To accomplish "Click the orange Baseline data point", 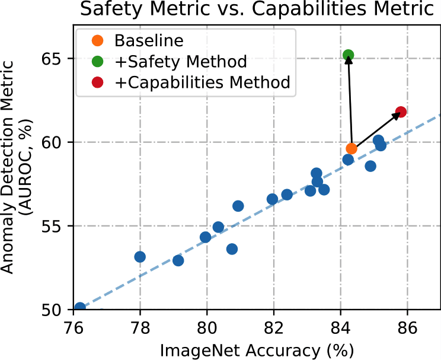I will tap(351, 148).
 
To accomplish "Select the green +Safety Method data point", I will tap(349, 55).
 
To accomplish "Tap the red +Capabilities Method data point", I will tap(401, 111).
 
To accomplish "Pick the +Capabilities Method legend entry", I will tap(202, 82).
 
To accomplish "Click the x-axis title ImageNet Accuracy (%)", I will tap(257, 350).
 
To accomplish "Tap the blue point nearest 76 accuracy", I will tap(80, 308).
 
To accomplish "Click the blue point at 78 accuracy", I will tap(140, 257).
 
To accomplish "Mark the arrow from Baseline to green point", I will tap(350, 101).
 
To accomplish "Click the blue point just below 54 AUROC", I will tap(232, 249).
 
